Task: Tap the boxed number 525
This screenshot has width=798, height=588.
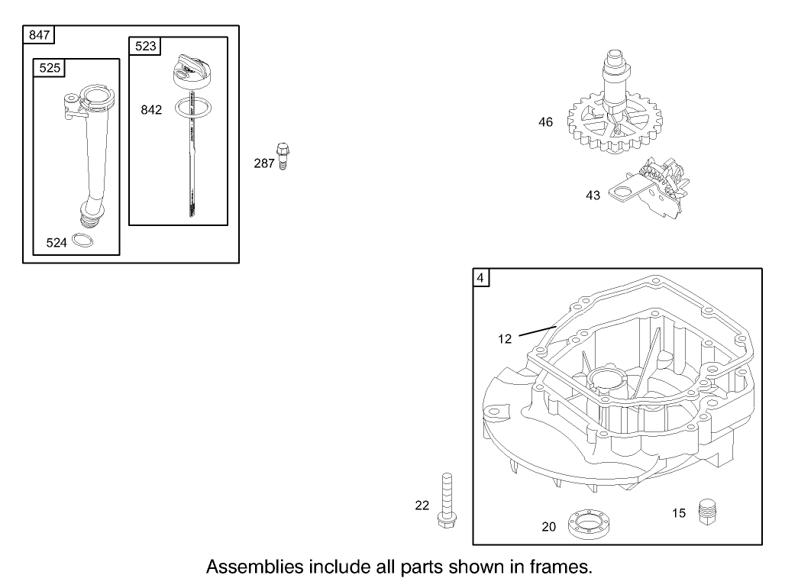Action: [50, 68]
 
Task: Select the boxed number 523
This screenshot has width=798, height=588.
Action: [145, 47]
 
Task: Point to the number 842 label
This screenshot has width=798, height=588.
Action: [151, 110]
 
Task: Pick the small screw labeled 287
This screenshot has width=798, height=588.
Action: [284, 155]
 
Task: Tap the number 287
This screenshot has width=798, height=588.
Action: [264, 163]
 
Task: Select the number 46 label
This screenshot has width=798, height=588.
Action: [545, 122]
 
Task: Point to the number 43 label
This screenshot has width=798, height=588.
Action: [593, 195]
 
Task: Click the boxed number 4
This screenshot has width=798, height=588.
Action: [480, 279]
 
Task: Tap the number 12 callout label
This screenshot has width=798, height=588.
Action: [505, 339]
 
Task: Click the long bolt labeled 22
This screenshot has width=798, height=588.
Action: [445, 500]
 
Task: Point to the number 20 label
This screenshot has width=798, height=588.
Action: [549, 526]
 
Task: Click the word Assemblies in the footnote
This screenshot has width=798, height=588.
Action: [253, 567]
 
